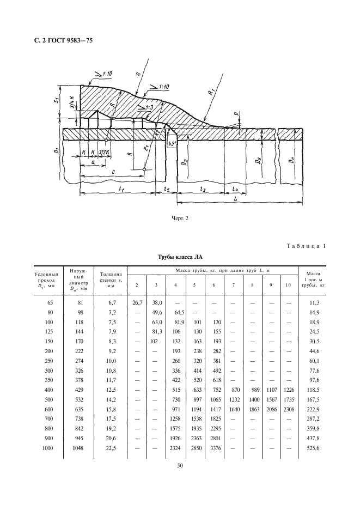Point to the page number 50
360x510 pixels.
click(180, 465)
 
